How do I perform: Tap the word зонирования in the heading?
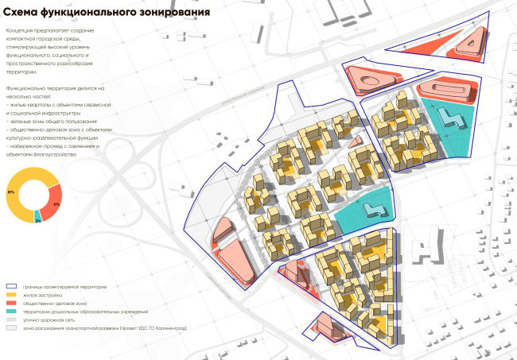pos(174,13)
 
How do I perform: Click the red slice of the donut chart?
pos(53,199)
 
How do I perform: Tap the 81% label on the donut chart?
pos(11,192)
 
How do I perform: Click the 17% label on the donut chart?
pos(56,204)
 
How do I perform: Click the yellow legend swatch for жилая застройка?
pos(14,294)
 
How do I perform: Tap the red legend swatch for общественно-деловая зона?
pos(14,303)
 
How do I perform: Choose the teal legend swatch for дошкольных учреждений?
pos(14,311)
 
